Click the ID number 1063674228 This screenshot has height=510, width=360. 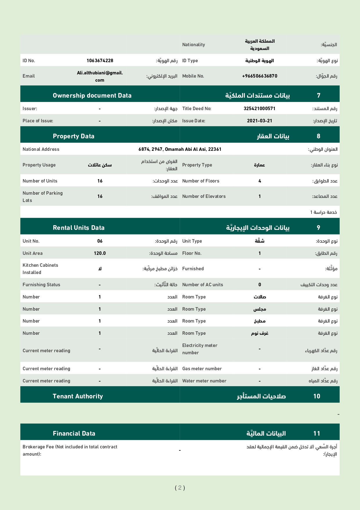[x=100, y=60]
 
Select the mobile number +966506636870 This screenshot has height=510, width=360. [x=260, y=76]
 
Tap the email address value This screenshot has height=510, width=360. [x=100, y=76]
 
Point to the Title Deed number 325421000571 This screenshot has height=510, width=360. [x=260, y=108]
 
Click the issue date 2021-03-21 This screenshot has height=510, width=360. [x=260, y=121]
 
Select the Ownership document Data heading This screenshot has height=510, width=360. [x=92, y=96]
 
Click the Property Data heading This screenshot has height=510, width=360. [x=73, y=136]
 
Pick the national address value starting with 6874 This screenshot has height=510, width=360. [x=180, y=149]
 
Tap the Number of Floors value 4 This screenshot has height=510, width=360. [x=260, y=181]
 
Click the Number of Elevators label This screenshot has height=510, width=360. [x=204, y=196]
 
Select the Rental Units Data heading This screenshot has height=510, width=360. [x=79, y=228]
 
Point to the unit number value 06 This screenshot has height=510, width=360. [x=100, y=241]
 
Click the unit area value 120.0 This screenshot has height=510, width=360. [x=100, y=253]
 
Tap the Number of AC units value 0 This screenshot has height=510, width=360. [x=260, y=284]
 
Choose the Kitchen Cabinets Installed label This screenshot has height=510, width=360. [x=40, y=269]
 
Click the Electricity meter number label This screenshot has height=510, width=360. [x=200, y=349]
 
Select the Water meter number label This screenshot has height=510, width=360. [x=204, y=381]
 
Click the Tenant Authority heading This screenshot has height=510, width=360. [x=78, y=396]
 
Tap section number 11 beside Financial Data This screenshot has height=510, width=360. [x=317, y=434]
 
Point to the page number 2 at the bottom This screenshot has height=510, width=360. [x=180, y=488]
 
